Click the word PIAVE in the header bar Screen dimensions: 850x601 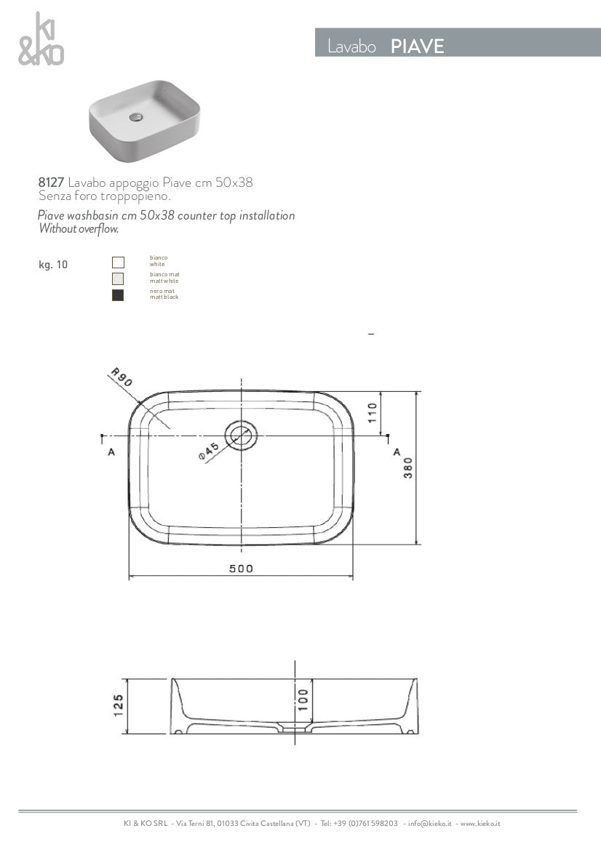[x=417, y=47]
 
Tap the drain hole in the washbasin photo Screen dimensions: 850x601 [x=135, y=116]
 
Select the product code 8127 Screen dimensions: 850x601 [x=51, y=183]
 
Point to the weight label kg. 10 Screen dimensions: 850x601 [x=53, y=265]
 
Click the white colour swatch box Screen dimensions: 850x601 [x=118, y=262]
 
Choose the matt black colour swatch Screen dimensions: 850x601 [x=118, y=295]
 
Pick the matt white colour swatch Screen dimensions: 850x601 [x=118, y=278]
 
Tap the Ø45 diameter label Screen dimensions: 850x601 [x=208, y=452]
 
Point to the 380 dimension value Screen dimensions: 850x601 [x=408, y=467]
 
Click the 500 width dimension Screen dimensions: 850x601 [x=241, y=569]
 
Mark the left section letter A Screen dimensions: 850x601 [x=111, y=452]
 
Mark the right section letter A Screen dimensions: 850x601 [x=397, y=452]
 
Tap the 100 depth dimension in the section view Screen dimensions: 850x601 [x=303, y=699]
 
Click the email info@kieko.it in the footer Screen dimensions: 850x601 [x=429, y=824]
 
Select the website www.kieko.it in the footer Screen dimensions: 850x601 [x=480, y=824]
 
